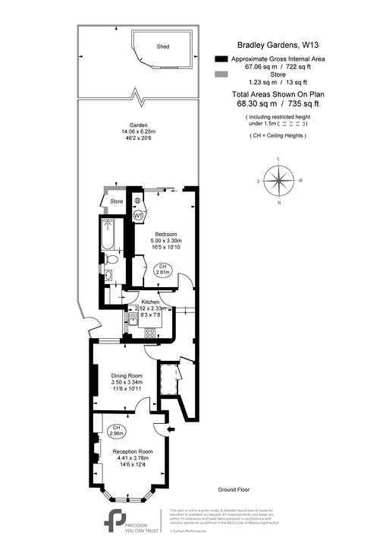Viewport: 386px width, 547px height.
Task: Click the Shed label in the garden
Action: click(163, 46)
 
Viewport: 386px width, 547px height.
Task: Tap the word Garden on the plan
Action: click(137, 125)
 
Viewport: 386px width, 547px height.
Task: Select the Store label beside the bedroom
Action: click(116, 201)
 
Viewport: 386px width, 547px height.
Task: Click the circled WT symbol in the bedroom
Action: click(139, 216)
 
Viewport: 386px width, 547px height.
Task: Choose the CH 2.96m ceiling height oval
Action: click(117, 430)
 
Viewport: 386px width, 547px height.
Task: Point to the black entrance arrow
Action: click(171, 430)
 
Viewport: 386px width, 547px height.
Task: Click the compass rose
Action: click(280, 181)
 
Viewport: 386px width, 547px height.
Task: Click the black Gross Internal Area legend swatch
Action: click(221, 59)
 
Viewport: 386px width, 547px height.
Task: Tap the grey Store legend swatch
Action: click(221, 74)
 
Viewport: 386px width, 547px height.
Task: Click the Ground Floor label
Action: click(234, 490)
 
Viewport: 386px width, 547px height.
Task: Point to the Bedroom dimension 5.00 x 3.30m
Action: click(165, 241)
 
